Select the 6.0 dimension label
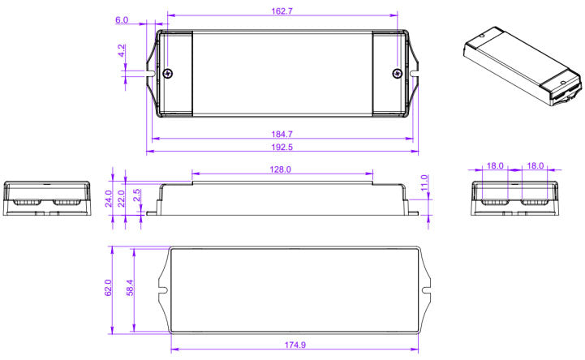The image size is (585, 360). tap(122, 19)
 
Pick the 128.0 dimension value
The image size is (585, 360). tap(282, 170)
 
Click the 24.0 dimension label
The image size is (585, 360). tap(110, 199)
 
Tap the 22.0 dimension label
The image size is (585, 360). tap(123, 199)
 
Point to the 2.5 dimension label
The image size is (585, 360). tap(136, 196)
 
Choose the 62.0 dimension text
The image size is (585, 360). tap(109, 288)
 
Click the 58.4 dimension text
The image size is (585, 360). tap(130, 288)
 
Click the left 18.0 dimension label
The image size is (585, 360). tap(495, 165)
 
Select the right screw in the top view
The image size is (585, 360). tap(397, 75)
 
